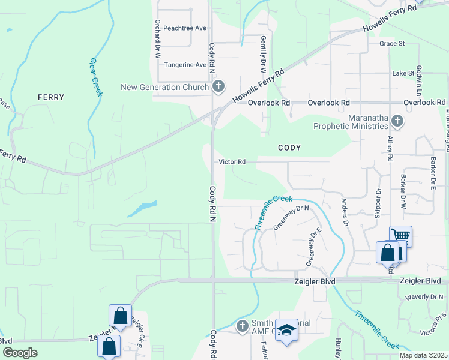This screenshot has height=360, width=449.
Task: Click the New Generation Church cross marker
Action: pos(218,87)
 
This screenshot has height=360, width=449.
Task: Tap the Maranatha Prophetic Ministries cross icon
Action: pos(396,122)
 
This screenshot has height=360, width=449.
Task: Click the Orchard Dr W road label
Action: pos(157,38)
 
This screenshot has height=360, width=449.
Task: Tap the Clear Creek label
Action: pos(96,77)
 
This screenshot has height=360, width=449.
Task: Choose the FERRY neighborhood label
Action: pos(50,97)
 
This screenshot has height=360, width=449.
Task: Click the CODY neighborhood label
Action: pos(289,148)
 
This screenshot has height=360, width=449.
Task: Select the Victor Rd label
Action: pos(232,162)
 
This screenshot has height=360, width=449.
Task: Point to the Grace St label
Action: pos(393,43)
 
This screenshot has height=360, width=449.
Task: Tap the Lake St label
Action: pos(403,73)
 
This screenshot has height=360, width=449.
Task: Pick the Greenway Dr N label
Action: pos(291,217)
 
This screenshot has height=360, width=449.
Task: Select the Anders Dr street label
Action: pos(345,212)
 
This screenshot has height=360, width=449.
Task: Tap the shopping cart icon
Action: pos(400,235)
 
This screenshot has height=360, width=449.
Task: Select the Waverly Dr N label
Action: pos(424,296)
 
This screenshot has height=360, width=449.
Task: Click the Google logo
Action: pos(20,352)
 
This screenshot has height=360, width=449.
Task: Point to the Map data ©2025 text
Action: pos(423,355)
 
